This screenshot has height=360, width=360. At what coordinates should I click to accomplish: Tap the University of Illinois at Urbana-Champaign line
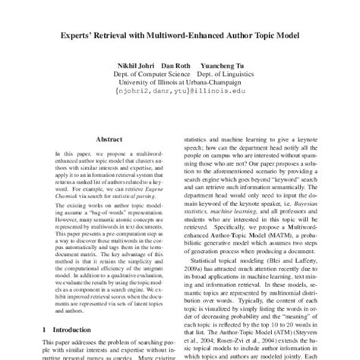tap(180, 87)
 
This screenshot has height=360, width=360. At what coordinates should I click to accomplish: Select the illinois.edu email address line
tap(180, 97)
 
